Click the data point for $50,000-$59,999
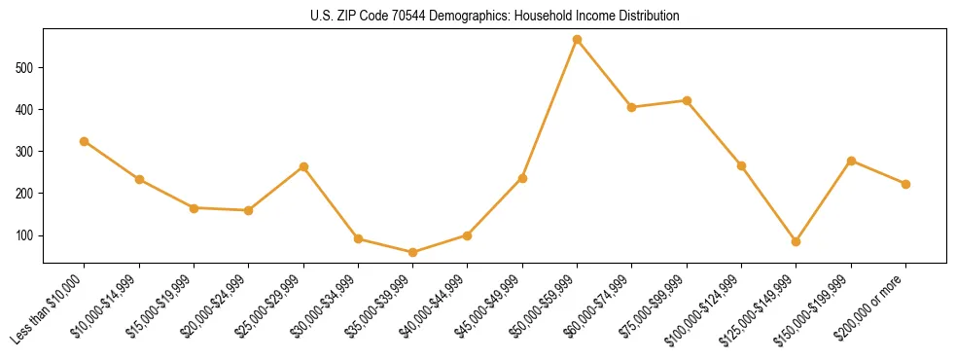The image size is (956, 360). (x=577, y=40)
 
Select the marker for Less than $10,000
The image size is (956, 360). (x=85, y=141)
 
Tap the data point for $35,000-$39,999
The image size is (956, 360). (x=412, y=252)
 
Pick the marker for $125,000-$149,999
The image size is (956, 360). (x=796, y=241)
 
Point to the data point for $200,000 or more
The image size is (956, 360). (x=905, y=184)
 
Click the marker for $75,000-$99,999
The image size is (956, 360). (x=687, y=100)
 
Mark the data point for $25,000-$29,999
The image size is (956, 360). (x=303, y=166)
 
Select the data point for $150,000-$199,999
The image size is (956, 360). (x=851, y=161)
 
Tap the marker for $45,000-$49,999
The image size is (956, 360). (x=522, y=178)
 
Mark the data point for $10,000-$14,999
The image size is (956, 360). (x=139, y=180)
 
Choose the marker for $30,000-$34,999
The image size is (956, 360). (x=358, y=238)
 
